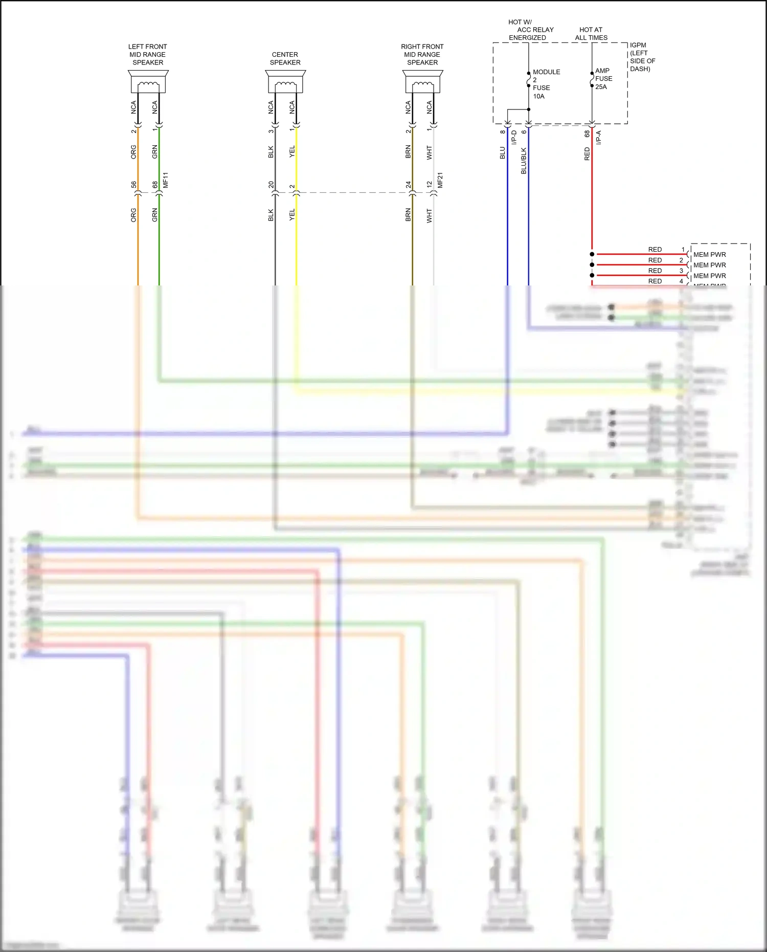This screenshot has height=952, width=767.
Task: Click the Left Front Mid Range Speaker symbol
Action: point(148,82)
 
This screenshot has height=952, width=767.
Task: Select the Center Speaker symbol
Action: point(285,82)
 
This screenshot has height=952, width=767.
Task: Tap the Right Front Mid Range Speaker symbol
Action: point(422,82)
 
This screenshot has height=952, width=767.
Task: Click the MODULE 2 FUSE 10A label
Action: point(546,84)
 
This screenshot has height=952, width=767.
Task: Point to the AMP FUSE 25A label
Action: point(603,79)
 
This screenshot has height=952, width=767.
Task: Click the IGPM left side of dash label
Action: point(642,57)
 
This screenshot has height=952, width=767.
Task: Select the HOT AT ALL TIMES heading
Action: point(591,34)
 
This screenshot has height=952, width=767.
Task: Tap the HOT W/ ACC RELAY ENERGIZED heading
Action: point(528,30)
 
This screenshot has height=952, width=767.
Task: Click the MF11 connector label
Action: point(165,180)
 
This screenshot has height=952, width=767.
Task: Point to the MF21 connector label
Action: point(440,180)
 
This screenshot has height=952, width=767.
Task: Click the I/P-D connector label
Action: point(514,137)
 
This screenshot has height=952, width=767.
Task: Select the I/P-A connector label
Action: point(599,137)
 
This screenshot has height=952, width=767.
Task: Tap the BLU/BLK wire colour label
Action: point(524,161)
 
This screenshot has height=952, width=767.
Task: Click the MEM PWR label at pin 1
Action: point(709,255)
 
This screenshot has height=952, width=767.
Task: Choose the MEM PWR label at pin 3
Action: point(709,276)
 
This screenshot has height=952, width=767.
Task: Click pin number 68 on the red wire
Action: point(587,134)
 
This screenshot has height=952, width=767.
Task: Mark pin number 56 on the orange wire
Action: point(133,185)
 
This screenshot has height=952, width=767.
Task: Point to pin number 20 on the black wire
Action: point(271,185)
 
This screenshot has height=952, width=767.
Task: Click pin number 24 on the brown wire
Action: point(408,185)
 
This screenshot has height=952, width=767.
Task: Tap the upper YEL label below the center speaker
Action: point(292,151)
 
